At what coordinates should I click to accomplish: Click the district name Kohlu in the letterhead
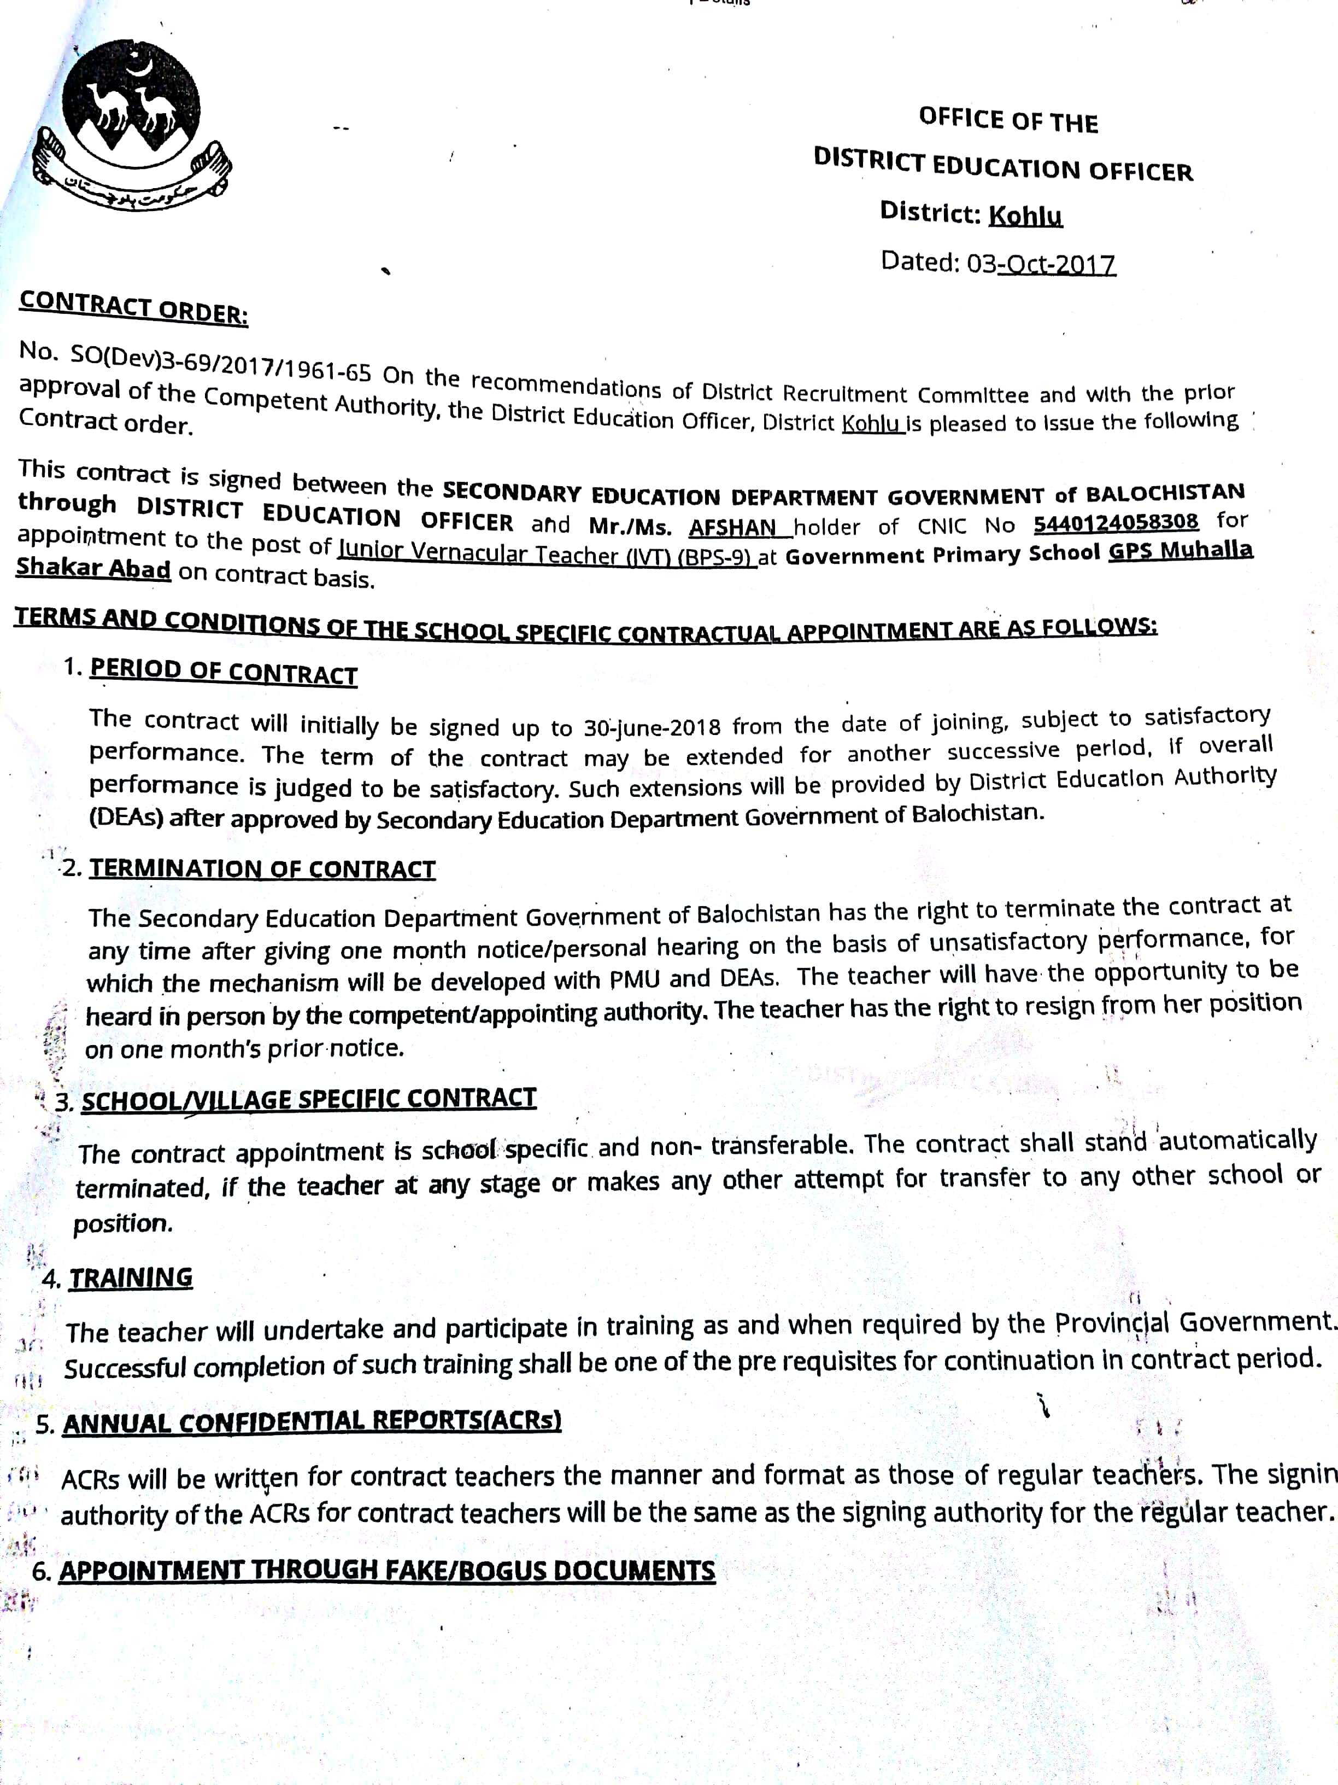pyautogui.click(x=1025, y=215)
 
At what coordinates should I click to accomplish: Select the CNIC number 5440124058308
pyautogui.click(x=1116, y=522)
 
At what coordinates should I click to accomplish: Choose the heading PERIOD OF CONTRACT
pyautogui.click(x=224, y=672)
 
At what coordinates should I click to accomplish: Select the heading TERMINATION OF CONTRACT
pyautogui.click(x=262, y=868)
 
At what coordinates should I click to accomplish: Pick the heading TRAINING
pyautogui.click(x=131, y=1277)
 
